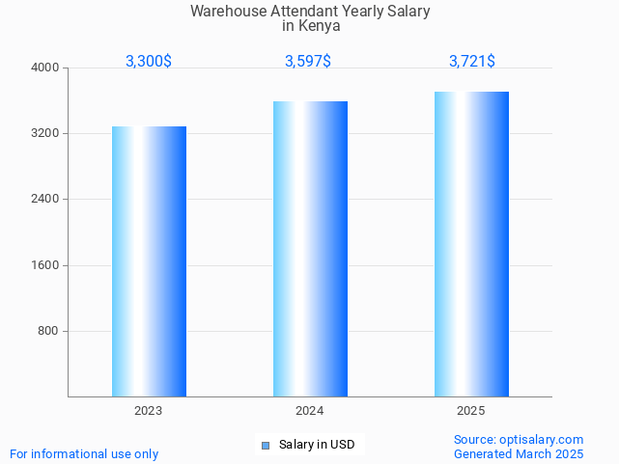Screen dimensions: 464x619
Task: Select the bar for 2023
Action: point(149,261)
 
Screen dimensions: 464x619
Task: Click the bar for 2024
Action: point(310,249)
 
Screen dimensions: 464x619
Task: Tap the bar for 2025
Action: point(471,244)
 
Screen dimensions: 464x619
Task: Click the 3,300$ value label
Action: point(149,61)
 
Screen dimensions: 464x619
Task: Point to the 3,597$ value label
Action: point(308,61)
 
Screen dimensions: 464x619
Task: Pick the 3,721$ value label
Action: point(472,61)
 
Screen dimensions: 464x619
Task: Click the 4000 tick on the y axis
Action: point(46,68)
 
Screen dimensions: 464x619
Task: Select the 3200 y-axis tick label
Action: point(46,133)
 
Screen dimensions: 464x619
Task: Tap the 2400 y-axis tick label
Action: point(46,199)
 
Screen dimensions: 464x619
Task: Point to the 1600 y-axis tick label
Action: point(46,265)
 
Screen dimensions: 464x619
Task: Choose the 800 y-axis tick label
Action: point(49,331)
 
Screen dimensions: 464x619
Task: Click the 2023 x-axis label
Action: point(149,411)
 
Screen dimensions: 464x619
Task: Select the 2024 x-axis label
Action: point(310,411)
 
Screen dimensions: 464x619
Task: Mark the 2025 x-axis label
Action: point(471,411)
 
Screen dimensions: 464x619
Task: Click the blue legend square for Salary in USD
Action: point(266,445)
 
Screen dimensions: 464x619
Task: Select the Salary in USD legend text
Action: point(317,445)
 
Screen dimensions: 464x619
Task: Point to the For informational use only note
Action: point(84,453)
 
